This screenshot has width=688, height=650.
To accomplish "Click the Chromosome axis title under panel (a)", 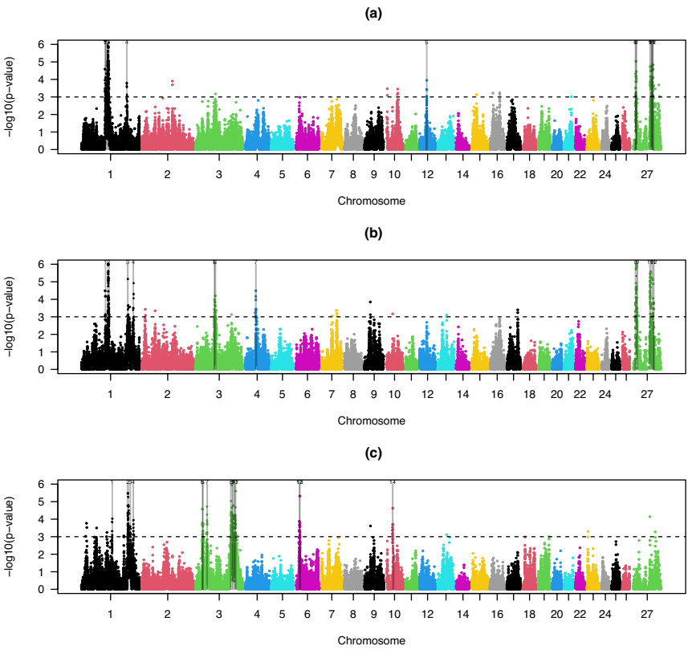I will [x=371, y=201].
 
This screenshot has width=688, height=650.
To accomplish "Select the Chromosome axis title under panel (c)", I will [x=371, y=640].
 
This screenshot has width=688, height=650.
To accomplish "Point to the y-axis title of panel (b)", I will [x=11, y=315].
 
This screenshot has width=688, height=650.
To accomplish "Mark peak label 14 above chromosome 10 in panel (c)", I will [x=393, y=482].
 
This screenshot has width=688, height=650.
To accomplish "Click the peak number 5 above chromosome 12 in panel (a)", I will [x=426, y=43].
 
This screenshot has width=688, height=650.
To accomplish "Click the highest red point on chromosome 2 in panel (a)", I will [x=173, y=82].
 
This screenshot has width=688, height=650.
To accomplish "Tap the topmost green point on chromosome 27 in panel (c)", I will [x=649, y=517].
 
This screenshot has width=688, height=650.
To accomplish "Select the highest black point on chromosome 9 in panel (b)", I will [x=370, y=303].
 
